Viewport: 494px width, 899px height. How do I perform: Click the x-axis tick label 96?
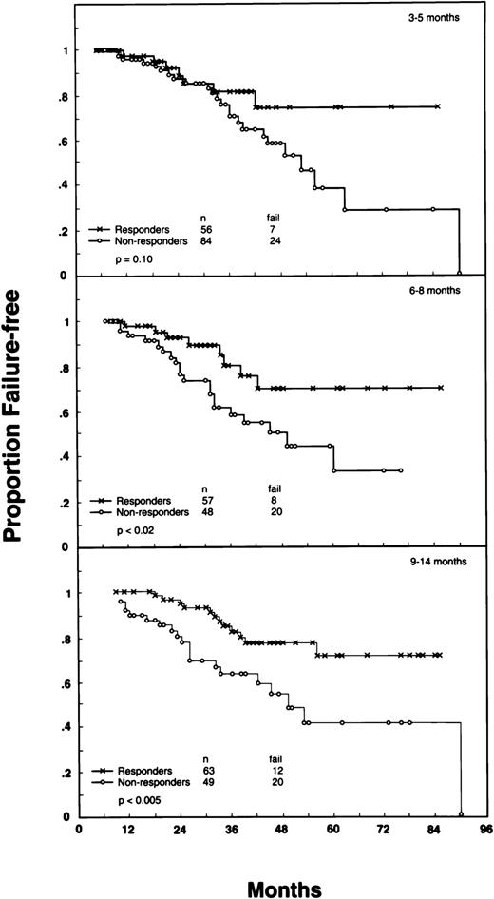click(x=486, y=829)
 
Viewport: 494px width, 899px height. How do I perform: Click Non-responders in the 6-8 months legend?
click(x=146, y=513)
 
